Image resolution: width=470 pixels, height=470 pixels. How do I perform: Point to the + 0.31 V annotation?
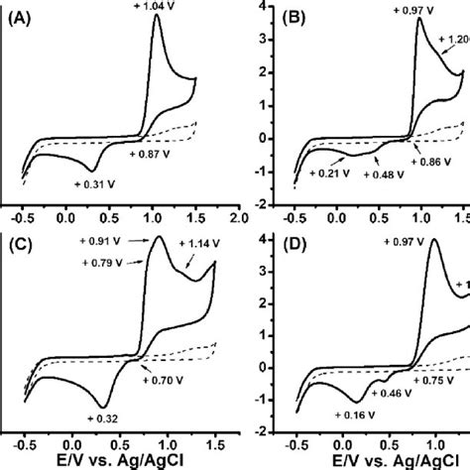click(x=95, y=183)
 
